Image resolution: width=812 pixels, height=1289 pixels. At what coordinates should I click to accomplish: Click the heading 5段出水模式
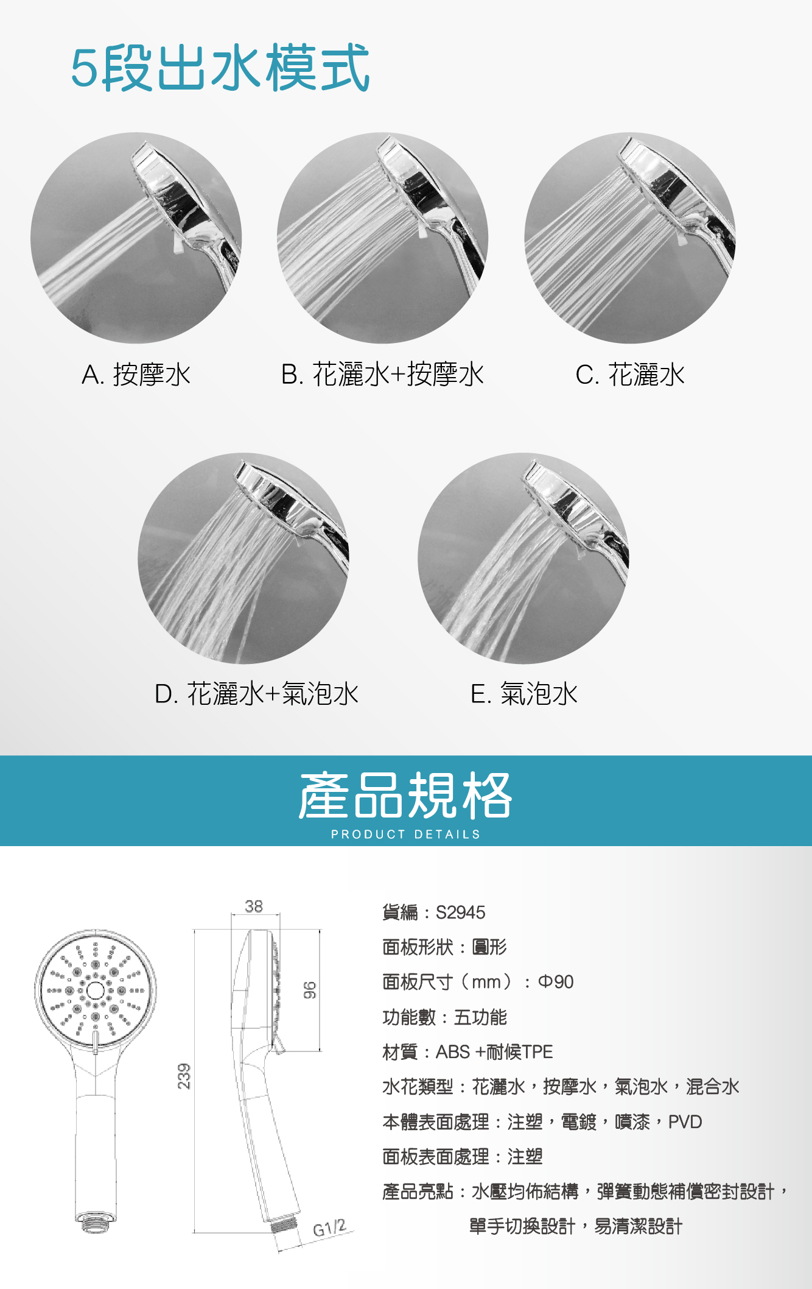(220, 68)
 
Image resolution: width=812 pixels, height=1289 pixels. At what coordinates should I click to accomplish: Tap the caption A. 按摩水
(136, 375)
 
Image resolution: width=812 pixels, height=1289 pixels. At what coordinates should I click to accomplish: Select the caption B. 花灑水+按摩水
(382, 375)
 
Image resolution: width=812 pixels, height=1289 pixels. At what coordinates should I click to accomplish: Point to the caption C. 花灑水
(630, 375)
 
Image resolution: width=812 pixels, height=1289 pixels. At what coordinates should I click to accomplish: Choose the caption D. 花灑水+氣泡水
(256, 694)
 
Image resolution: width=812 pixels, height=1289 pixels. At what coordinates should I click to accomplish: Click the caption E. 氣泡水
(524, 694)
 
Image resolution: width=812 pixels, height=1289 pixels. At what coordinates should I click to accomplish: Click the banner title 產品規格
(405, 795)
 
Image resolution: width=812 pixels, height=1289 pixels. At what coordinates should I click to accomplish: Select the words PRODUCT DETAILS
(405, 835)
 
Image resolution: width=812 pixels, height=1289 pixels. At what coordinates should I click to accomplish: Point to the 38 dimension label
(254, 906)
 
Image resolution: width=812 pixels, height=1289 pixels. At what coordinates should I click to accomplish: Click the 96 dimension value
(310, 990)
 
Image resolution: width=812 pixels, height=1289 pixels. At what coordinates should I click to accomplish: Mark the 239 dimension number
(184, 1076)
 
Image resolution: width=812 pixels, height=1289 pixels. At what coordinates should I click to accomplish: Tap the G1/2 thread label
(329, 1227)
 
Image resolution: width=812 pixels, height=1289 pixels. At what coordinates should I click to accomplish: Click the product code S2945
(461, 913)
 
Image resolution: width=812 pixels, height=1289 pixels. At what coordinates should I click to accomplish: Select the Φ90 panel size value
(556, 982)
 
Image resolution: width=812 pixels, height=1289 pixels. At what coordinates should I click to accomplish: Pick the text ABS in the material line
(453, 1052)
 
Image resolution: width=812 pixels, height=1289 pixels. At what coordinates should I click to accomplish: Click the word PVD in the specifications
(685, 1122)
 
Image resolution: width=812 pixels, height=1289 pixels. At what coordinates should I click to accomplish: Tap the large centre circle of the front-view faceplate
(96, 991)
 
